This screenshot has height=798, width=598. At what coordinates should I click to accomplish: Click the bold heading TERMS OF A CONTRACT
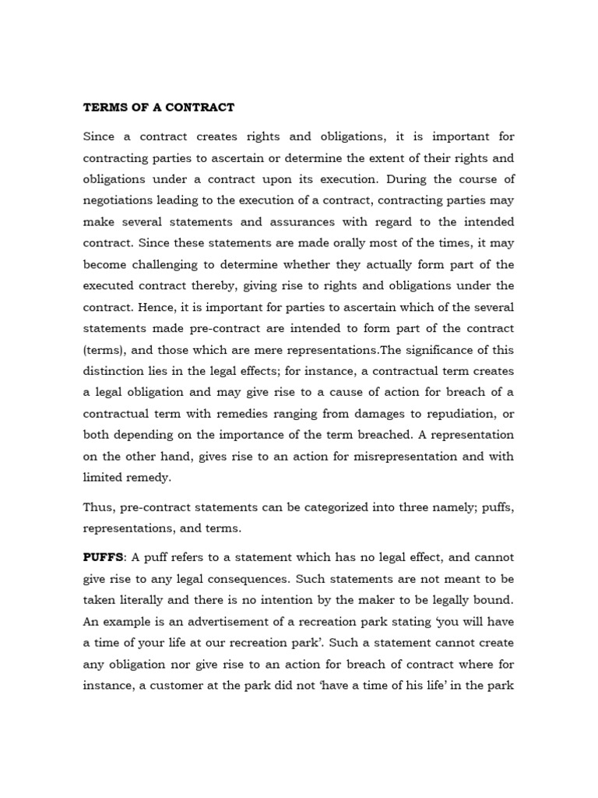click(x=159, y=107)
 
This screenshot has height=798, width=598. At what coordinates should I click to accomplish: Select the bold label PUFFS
click(x=104, y=558)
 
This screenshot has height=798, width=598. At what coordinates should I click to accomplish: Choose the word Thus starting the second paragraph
click(x=99, y=507)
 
